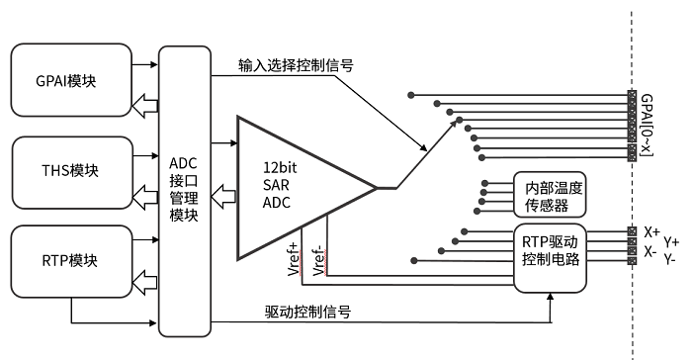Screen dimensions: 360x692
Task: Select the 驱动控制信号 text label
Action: click(309, 311)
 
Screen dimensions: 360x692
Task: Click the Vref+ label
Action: click(294, 258)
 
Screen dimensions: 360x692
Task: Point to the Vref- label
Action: click(318, 258)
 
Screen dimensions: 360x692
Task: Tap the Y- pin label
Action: click(671, 259)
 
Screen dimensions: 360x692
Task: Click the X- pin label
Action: click(650, 251)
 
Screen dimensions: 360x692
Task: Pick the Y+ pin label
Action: click(672, 240)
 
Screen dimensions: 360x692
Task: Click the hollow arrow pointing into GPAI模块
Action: click(144, 103)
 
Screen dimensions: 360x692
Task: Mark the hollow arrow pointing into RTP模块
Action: click(144, 285)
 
